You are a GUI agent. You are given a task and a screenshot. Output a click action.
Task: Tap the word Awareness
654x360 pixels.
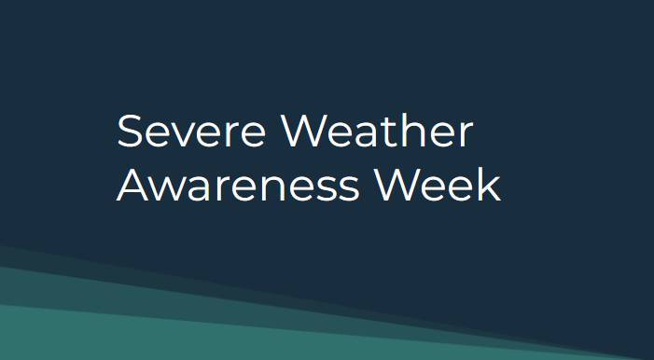238,186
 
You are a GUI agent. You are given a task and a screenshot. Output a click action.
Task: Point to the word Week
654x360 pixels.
438,186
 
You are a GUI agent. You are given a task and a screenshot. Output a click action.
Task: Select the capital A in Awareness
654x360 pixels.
132,186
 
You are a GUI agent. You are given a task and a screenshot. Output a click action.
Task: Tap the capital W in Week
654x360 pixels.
396,186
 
